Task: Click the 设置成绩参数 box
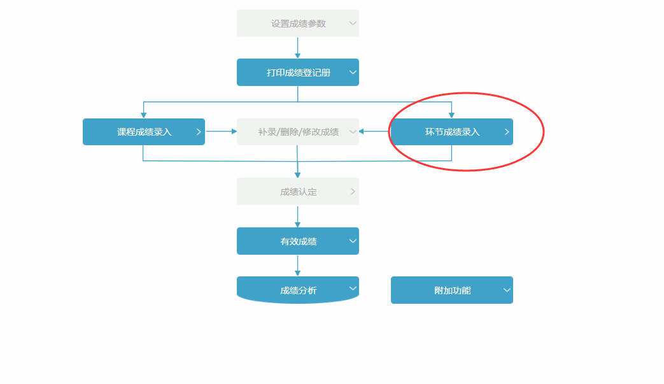click(297, 24)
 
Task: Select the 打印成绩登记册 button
click(297, 73)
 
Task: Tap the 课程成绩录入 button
click(144, 132)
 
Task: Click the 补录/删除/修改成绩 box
click(297, 132)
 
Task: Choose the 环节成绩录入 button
click(451, 132)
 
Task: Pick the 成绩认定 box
click(297, 192)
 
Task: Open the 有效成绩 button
click(297, 241)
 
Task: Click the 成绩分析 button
click(297, 290)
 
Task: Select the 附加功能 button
click(451, 290)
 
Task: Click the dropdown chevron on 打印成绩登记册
click(353, 73)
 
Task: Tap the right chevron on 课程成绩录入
click(199, 132)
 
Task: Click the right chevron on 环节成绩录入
click(507, 132)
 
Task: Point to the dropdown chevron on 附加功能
click(507, 290)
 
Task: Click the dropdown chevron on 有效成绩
click(353, 241)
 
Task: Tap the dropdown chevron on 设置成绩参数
click(353, 24)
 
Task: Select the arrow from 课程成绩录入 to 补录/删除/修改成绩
click(221, 132)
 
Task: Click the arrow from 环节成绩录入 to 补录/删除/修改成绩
click(374, 132)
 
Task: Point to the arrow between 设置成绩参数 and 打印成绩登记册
click(297, 48)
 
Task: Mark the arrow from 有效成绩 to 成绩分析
click(297, 266)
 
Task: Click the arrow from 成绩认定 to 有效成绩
click(297, 217)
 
